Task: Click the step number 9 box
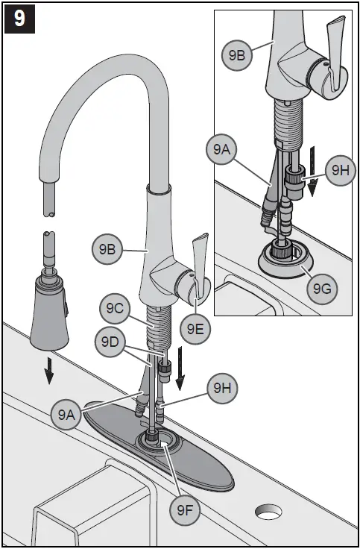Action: point(19,19)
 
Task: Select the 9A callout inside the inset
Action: point(221,150)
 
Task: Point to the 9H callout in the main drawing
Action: point(222,387)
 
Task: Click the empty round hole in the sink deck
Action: point(268,513)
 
